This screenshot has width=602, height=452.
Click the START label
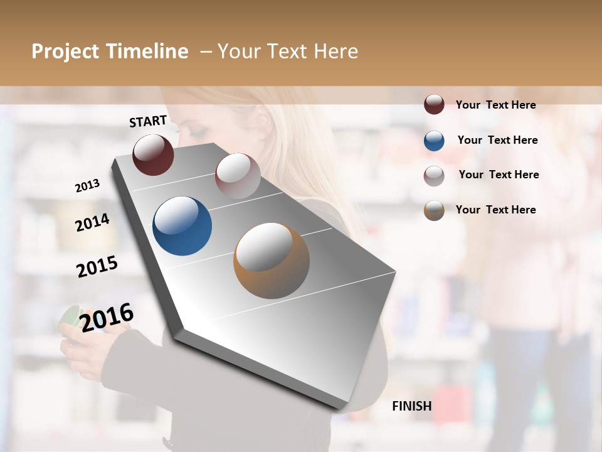pyautogui.click(x=148, y=121)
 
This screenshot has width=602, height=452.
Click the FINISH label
pyautogui.click(x=412, y=406)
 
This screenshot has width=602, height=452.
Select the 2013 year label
pyautogui.click(x=88, y=185)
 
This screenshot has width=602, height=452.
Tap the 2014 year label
pyautogui.click(x=92, y=222)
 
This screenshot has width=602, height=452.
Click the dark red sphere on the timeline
pyautogui.click(x=153, y=154)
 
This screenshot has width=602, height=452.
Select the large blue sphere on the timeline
pyautogui.click(x=182, y=226)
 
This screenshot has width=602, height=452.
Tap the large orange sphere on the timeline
pyautogui.click(x=272, y=261)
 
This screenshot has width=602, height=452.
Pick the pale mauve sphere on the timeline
pyautogui.click(x=238, y=176)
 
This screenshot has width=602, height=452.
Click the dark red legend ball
pyautogui.click(x=434, y=104)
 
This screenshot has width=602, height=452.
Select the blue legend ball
pyautogui.click(x=434, y=140)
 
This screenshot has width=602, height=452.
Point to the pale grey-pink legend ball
pyautogui.click(x=434, y=175)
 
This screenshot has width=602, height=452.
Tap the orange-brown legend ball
pyautogui.click(x=434, y=210)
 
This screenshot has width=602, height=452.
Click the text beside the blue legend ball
pyautogui.click(x=497, y=140)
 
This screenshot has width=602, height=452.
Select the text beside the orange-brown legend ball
pyautogui.click(x=495, y=210)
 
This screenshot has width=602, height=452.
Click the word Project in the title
pyautogui.click(x=66, y=51)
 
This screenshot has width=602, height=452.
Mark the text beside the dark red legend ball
pyautogui.click(x=495, y=105)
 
